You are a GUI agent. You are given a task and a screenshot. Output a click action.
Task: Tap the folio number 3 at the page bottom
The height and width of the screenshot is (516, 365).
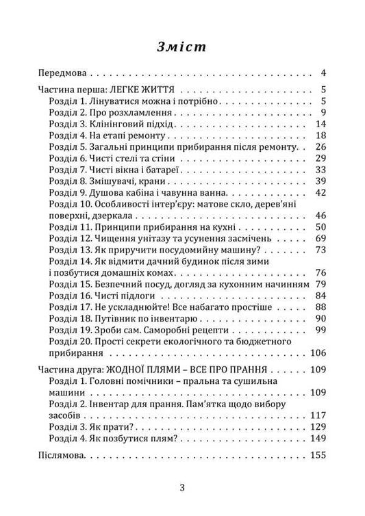(x=182, y=488)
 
